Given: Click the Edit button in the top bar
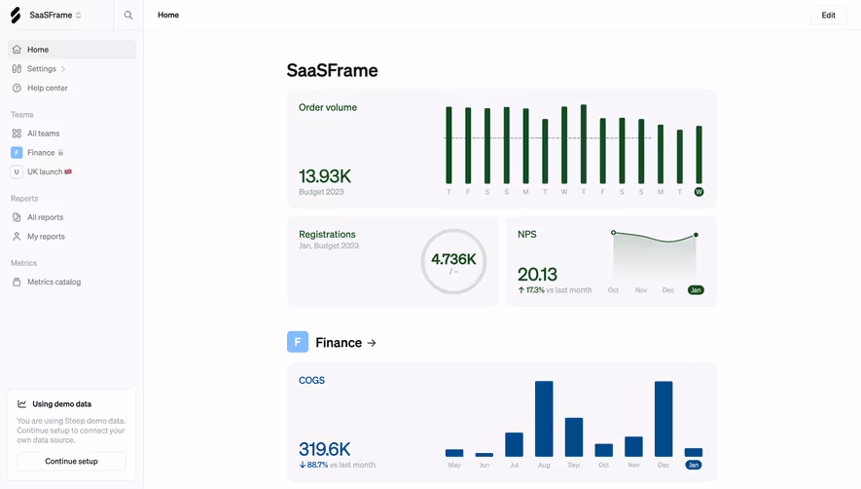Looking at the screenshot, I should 828,16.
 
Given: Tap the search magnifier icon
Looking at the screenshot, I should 128,16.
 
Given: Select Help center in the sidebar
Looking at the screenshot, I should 47,89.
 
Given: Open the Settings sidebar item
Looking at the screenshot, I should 42,69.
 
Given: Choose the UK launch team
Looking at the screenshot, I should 45,172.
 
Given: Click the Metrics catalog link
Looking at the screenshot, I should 54,282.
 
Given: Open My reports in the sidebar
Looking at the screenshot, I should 46,237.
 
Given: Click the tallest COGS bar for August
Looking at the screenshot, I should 544,419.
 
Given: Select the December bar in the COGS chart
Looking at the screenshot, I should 664,419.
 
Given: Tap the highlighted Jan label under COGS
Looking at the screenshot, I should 693,466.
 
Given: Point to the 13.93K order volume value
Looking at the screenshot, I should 325,176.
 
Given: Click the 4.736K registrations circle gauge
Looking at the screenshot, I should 453,261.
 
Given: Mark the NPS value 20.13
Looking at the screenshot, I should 537,275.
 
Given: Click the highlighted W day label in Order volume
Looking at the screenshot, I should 699,192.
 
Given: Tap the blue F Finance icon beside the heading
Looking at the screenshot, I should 298,342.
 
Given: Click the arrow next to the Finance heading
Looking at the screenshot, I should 372,343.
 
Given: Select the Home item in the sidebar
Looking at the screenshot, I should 38,50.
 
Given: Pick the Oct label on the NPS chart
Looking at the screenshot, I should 613,290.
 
